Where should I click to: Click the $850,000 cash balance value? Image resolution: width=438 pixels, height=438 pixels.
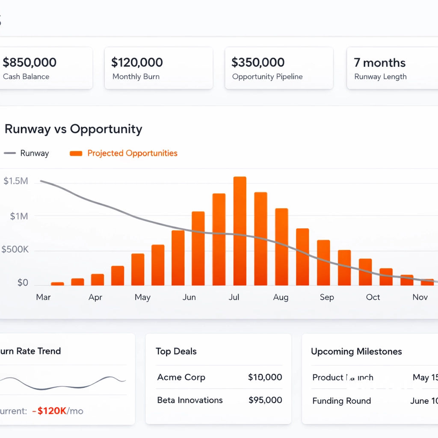click(x=30, y=62)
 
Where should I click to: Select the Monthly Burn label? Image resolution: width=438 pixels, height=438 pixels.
click(x=136, y=77)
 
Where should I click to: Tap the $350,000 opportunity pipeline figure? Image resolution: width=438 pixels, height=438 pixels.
click(x=258, y=62)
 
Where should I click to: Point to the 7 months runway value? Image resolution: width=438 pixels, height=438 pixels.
click(x=379, y=63)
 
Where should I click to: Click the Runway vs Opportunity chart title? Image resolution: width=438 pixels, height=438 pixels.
click(x=73, y=129)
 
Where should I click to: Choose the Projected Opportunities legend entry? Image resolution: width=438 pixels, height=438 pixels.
click(x=132, y=153)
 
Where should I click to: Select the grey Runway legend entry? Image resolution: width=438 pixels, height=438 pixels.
click(x=34, y=153)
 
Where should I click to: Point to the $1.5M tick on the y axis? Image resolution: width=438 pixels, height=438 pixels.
click(x=16, y=181)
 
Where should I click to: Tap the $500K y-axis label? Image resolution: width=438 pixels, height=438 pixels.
click(x=15, y=249)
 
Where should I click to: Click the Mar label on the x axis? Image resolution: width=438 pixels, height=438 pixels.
click(x=43, y=297)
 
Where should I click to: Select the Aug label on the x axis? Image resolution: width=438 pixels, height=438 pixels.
click(x=281, y=297)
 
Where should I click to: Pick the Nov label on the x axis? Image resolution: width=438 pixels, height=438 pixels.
click(x=420, y=297)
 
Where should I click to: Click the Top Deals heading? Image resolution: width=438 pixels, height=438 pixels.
click(x=176, y=352)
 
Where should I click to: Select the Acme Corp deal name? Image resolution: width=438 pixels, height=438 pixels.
click(x=181, y=377)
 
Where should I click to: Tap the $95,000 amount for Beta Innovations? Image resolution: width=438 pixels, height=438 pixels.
click(x=265, y=400)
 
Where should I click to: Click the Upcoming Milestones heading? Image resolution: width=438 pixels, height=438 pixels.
click(x=356, y=352)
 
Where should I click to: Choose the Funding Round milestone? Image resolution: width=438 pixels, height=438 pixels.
click(x=341, y=401)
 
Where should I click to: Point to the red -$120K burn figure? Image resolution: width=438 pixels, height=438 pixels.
click(x=52, y=411)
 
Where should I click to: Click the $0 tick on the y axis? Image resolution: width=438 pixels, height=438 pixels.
click(x=22, y=283)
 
